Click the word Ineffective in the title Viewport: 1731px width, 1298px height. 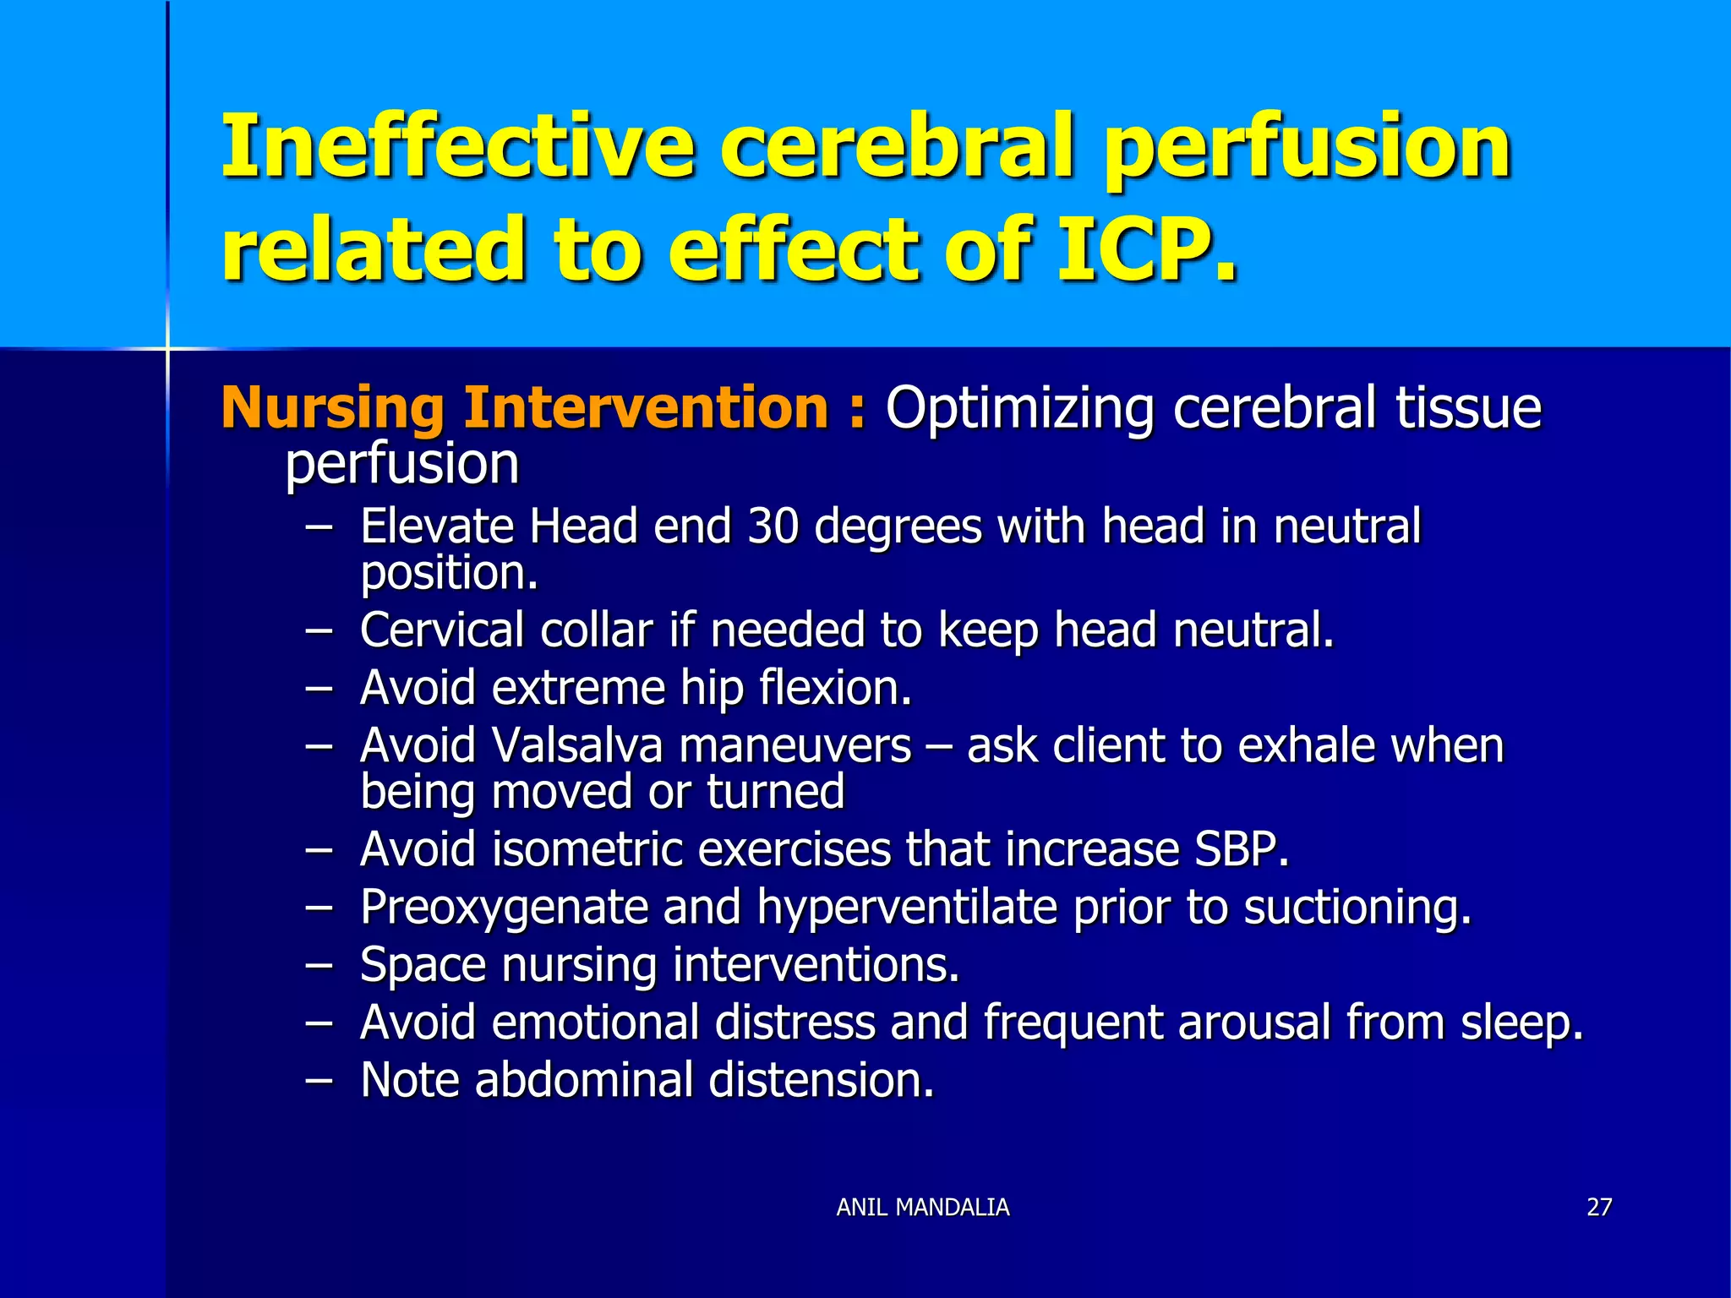[x=456, y=148]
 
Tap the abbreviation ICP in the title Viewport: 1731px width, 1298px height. [x=1145, y=249]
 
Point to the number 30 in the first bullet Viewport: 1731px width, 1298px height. [x=773, y=526]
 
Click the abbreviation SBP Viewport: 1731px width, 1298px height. [x=1240, y=849]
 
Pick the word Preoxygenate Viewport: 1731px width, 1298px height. [x=503, y=908]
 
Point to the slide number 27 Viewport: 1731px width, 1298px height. [x=1599, y=1207]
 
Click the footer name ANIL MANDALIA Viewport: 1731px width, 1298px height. [x=922, y=1207]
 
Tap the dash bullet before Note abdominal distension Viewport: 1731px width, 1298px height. [x=319, y=1080]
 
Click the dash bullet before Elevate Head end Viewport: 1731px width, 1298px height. [x=319, y=526]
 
